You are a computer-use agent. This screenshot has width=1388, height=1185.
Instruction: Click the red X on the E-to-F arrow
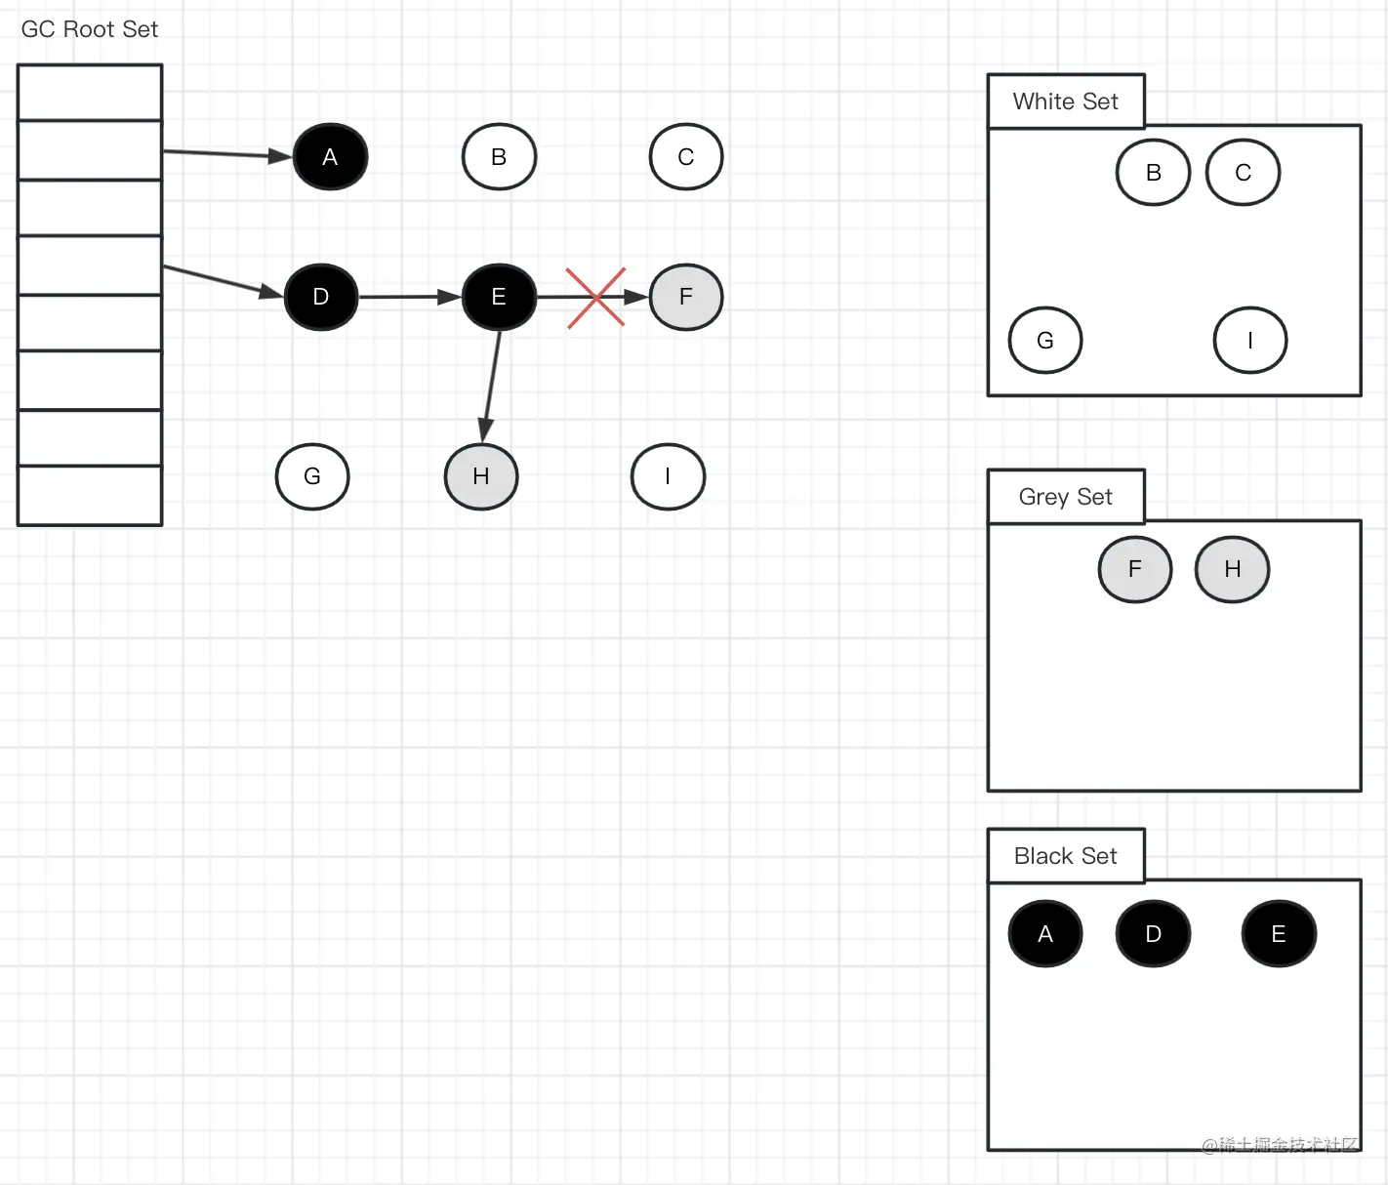595,298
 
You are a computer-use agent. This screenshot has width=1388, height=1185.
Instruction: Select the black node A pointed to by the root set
330,157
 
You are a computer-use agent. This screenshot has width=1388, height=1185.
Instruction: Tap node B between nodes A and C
499,157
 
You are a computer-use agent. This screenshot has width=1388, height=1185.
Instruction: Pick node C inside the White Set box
1243,173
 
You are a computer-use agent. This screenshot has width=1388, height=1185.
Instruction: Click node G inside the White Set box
1044,341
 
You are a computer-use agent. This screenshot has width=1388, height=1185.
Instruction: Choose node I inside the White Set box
1249,341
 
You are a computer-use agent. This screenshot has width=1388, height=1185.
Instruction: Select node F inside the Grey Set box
1134,569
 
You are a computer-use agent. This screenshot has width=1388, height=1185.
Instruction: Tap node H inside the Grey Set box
1232,569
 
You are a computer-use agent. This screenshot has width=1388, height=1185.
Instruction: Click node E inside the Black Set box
1279,934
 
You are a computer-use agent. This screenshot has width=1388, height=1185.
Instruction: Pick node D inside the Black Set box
1153,934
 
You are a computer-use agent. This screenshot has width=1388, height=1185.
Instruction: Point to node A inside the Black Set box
1045,934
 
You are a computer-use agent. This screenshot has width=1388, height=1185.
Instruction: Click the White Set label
1065,102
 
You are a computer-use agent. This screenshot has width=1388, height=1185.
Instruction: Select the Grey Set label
1065,497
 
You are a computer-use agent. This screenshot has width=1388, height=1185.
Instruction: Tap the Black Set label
1065,856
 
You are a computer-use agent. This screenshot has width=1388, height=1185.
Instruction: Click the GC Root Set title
89,29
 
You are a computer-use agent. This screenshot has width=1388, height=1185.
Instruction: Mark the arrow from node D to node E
410,297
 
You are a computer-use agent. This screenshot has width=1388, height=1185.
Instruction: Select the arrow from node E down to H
491,386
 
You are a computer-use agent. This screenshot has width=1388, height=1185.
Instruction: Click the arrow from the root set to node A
227,153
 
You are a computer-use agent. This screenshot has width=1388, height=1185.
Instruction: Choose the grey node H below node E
481,476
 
